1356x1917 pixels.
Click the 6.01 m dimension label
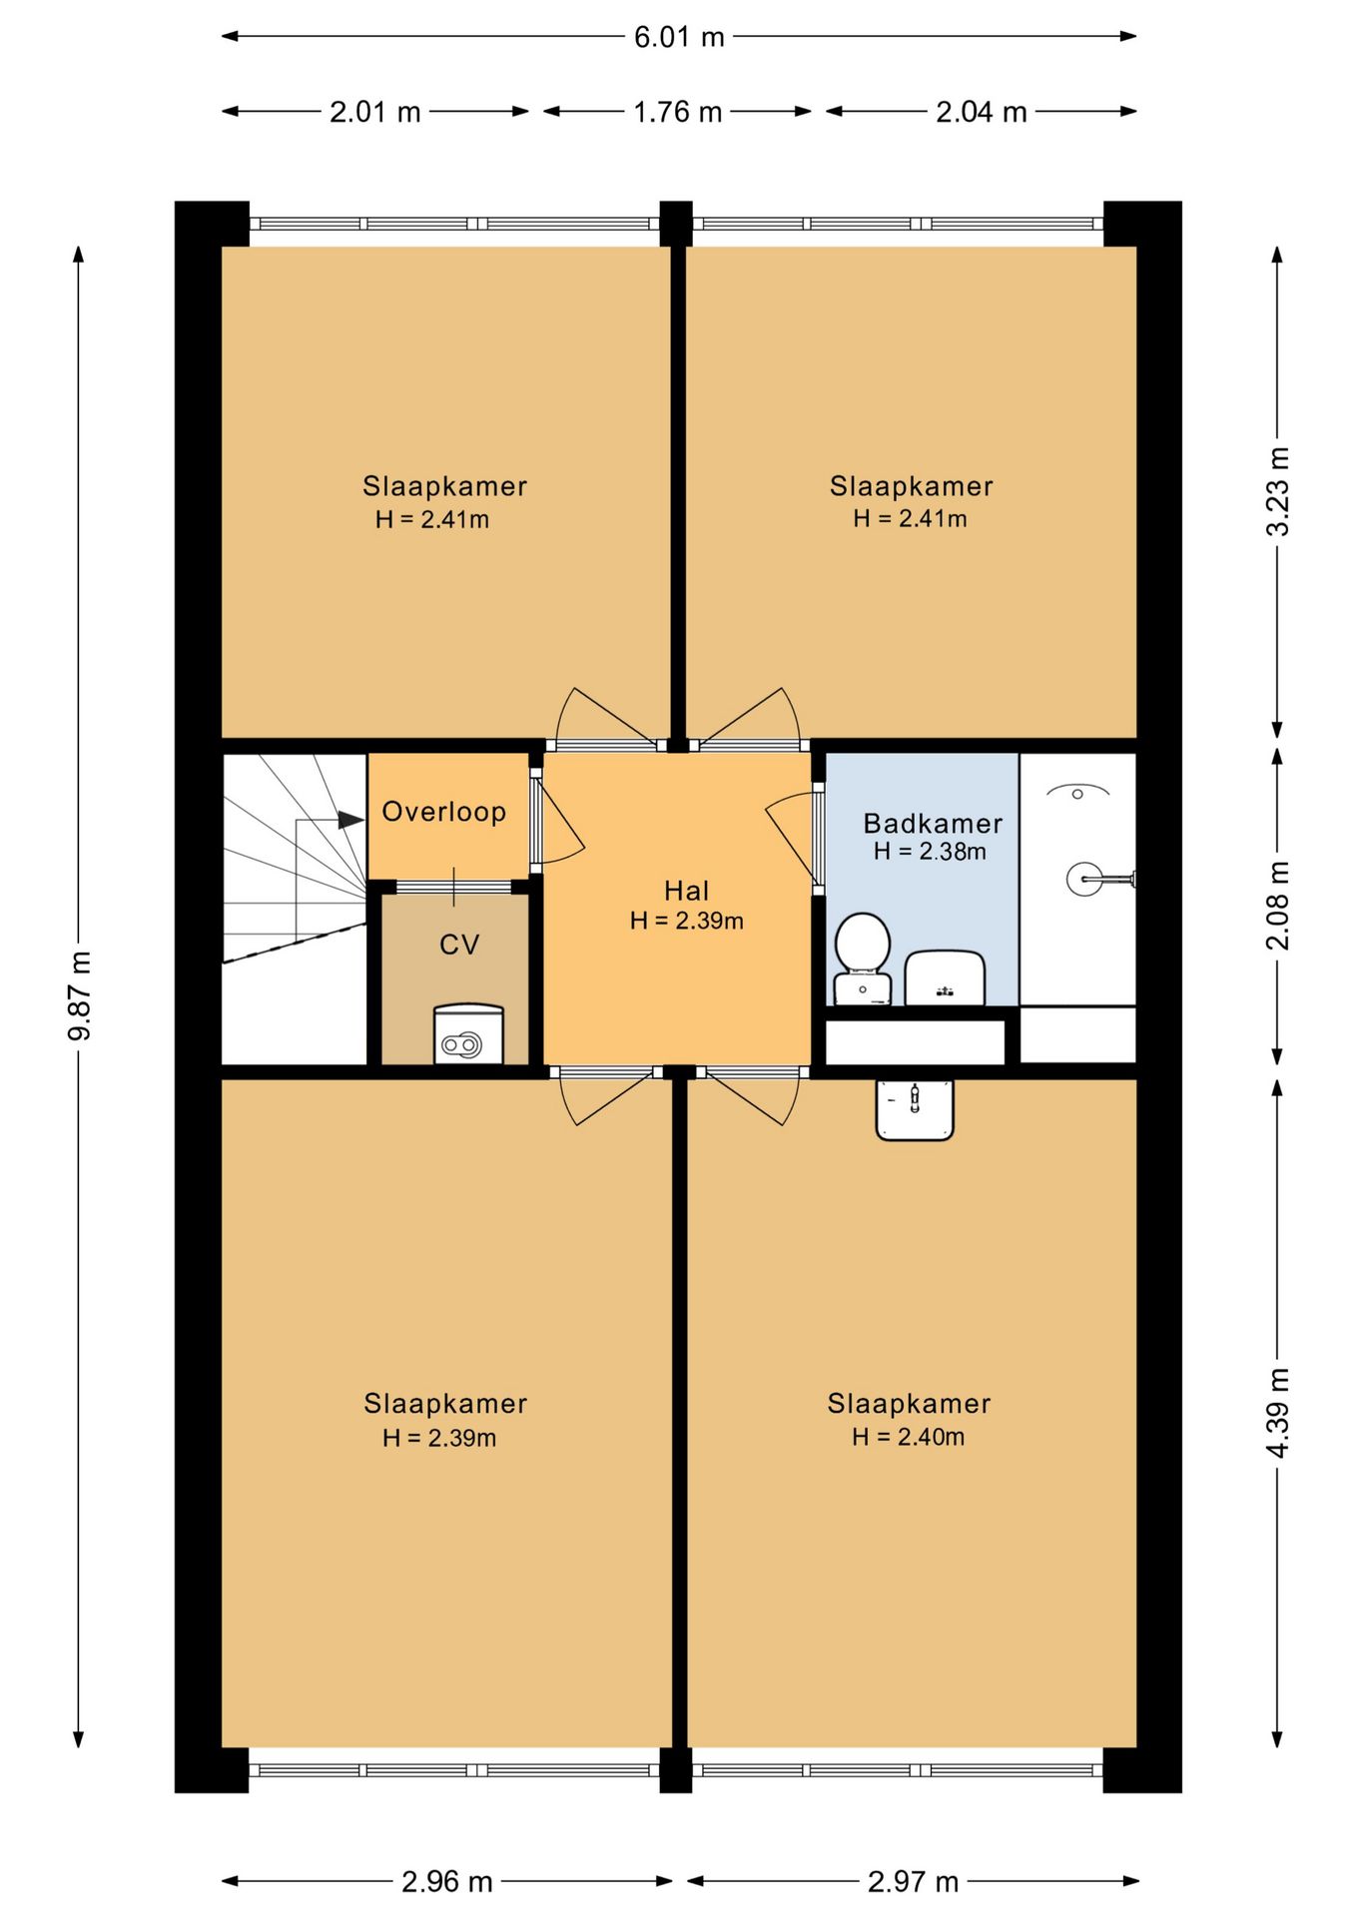point(679,37)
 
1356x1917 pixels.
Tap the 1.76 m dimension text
point(677,112)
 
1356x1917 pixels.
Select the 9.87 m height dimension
point(80,995)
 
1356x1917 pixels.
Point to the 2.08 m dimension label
point(1278,906)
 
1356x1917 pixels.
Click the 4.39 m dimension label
point(1278,1412)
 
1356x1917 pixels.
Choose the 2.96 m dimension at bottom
point(447,1882)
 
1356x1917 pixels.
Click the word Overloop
point(444,812)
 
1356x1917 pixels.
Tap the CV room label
point(459,945)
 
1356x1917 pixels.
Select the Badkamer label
point(933,824)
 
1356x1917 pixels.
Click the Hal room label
point(687,891)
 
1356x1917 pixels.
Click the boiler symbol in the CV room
point(468,1034)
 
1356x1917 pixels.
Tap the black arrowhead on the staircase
point(350,820)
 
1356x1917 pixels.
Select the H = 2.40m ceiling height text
point(909,1437)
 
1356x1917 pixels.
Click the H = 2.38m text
point(930,852)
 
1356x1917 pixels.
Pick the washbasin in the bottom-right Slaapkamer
point(915,1109)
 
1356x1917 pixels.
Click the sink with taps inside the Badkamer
point(945,978)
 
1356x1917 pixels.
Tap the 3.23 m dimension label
point(1278,491)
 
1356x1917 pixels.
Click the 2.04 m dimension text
point(982,112)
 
